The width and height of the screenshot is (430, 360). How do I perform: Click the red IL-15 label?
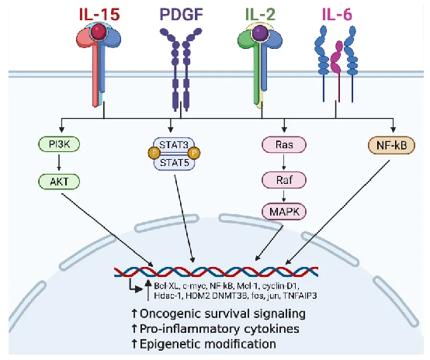tap(99, 14)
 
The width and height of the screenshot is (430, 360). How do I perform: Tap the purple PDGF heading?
tap(182, 14)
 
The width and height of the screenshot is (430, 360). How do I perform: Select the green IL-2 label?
tap(260, 14)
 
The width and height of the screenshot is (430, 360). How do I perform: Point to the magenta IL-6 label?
tap(337, 14)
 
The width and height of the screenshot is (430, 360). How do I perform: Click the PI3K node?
tap(59, 144)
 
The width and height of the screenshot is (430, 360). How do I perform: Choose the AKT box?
tap(59, 182)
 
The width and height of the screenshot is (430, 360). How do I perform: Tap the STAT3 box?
tap(174, 144)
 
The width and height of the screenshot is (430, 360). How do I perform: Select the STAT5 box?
tap(175, 163)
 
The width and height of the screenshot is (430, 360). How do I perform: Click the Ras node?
tap(284, 144)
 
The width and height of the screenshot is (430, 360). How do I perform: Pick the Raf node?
tap(284, 180)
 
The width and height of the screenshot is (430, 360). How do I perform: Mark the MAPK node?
tap(284, 211)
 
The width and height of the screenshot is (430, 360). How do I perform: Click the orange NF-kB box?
tap(391, 146)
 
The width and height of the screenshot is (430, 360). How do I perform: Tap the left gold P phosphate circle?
tap(154, 153)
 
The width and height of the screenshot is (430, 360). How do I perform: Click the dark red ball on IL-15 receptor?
tap(99, 32)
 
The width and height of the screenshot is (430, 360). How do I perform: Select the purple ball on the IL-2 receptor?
tap(260, 33)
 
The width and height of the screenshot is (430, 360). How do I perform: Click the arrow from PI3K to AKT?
tap(59, 163)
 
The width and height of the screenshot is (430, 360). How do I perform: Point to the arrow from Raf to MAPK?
tap(284, 196)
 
